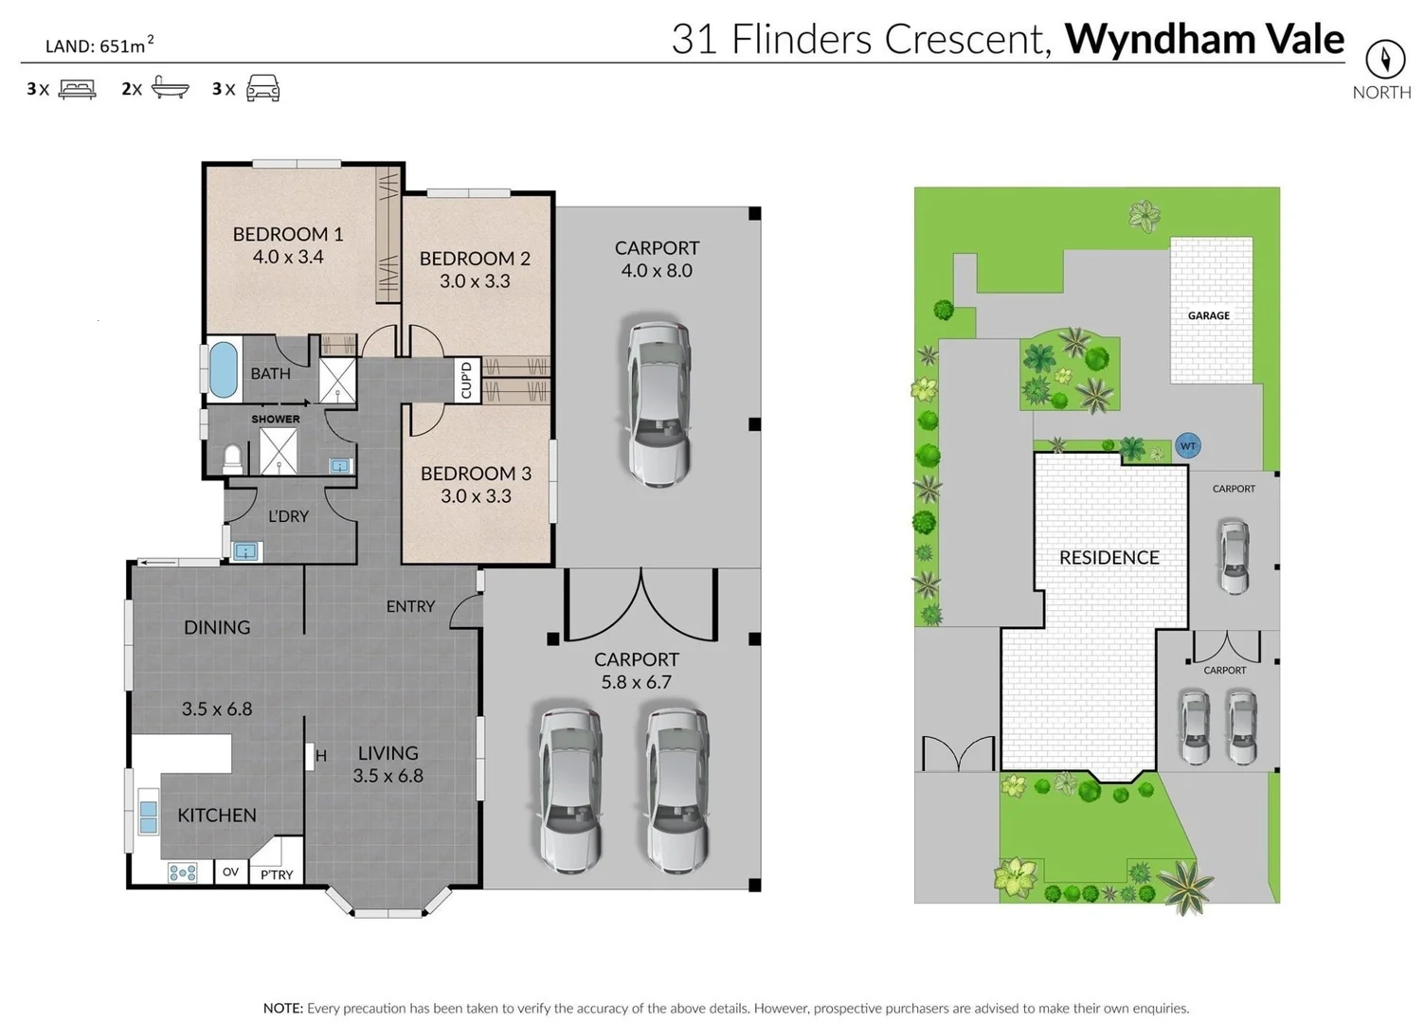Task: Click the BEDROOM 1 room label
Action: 288,234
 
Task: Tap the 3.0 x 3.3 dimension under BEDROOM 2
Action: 475,281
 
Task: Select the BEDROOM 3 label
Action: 476,473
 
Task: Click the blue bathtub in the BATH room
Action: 223,369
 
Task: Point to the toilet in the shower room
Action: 232,458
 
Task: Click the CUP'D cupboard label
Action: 466,380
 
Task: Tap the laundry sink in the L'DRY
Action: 246,550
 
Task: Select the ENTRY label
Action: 410,606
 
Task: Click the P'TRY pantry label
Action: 277,874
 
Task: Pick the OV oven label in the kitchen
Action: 230,872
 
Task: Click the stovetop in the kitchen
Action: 183,872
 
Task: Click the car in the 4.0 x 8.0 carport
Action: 658,403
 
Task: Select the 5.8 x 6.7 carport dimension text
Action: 636,682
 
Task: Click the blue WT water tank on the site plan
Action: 1187,445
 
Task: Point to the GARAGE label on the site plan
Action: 1208,315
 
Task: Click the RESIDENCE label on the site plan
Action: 1109,558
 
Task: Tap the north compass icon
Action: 1384,60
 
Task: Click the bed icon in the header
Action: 77,89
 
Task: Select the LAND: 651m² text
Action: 99,45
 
